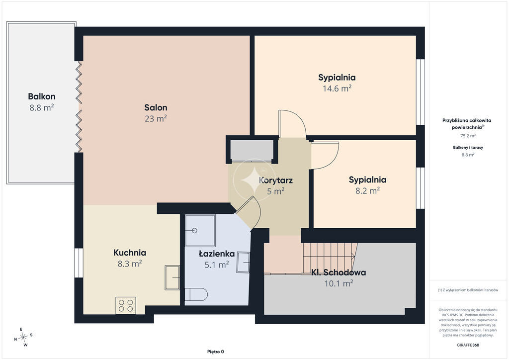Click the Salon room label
156,107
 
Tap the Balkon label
42,96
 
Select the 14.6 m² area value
337,89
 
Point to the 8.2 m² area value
367,190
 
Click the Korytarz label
276,180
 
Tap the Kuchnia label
130,253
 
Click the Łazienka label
217,254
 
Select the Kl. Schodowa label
339,272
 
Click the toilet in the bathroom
196,294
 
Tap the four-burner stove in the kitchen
126,305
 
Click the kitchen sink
172,277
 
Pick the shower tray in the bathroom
200,231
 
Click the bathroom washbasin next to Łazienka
243,262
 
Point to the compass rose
23,338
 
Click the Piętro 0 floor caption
216,352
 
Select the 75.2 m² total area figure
468,136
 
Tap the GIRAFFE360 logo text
468,345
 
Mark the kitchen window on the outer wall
79,263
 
